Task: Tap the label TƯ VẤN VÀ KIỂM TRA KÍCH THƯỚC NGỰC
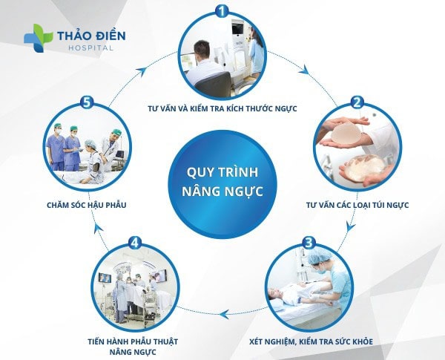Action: point(222,108)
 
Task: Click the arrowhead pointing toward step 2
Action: point(305,71)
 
